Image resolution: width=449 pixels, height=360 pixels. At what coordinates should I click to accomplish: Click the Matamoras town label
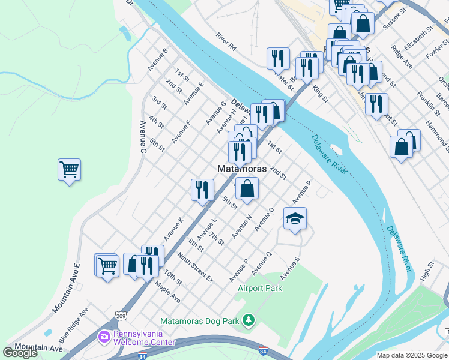coord(241,169)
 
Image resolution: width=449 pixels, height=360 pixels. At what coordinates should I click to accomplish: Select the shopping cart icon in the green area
coord(69,170)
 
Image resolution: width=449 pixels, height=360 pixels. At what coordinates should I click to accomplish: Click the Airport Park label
coord(260,289)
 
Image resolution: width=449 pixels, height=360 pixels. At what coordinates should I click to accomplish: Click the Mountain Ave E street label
coord(65,287)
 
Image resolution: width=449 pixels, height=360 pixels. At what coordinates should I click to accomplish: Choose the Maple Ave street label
coord(167,291)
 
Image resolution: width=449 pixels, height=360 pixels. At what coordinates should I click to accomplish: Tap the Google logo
coord(20,352)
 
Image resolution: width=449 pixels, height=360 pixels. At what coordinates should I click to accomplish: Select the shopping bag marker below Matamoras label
coord(247,188)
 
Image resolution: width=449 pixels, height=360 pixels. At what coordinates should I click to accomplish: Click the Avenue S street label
coord(289,268)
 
